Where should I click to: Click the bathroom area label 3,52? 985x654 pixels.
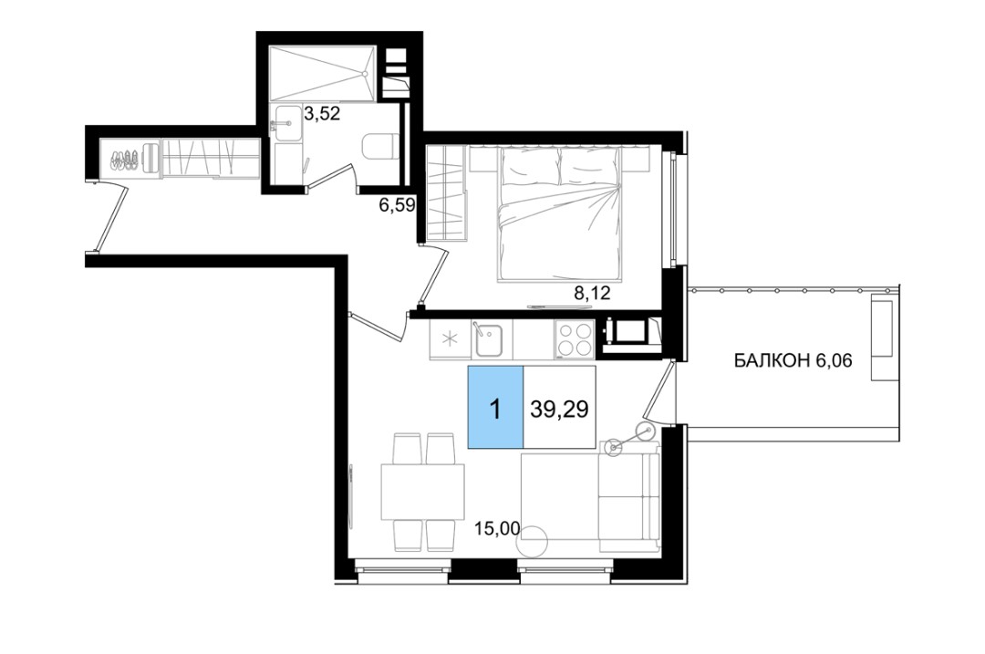point(322,114)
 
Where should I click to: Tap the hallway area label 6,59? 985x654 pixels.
point(397,205)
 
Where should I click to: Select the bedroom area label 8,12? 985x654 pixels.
point(593,293)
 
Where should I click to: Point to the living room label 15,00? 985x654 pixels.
point(498,529)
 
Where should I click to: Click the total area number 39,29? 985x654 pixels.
point(559,409)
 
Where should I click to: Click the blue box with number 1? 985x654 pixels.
point(495,407)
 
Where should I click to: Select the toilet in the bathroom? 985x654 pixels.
point(380,147)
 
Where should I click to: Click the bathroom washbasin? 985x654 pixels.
point(287,124)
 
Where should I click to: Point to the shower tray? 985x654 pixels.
point(322,73)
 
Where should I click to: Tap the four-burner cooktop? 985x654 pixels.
point(575,339)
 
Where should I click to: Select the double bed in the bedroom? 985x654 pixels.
point(560,213)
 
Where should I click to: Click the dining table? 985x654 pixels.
point(423,492)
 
